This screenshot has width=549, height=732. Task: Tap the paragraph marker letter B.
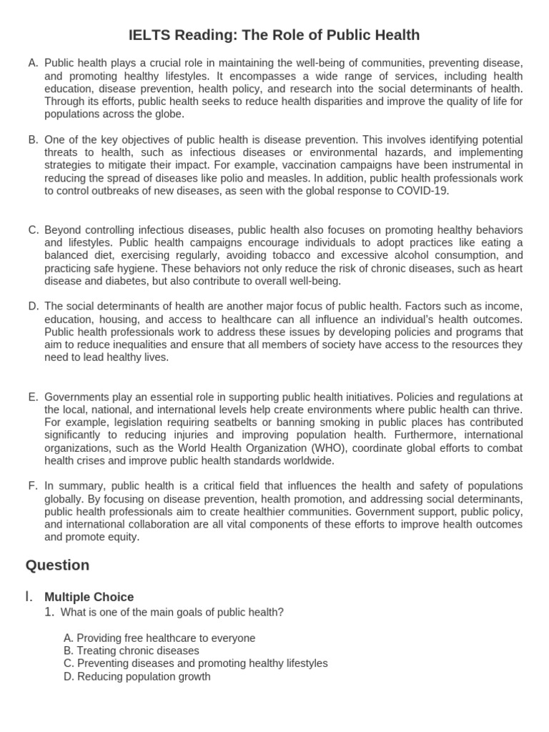[x=33, y=139]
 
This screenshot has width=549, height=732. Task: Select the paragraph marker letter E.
[x=33, y=397]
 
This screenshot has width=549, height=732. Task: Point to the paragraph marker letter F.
[x=33, y=486]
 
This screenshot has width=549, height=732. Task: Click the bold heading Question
[x=57, y=565]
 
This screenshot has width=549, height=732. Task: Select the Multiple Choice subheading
[x=89, y=597]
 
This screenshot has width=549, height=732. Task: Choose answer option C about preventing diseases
[x=195, y=663]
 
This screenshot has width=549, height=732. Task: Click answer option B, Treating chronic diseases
[x=131, y=651]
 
